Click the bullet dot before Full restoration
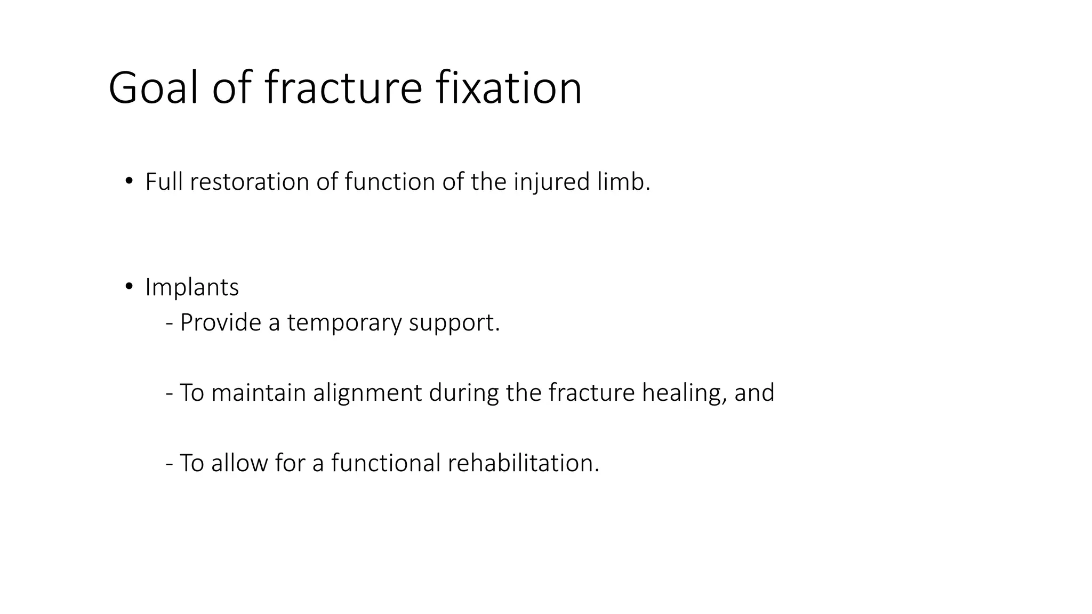click(x=129, y=181)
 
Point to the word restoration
click(x=249, y=182)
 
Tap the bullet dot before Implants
click(x=129, y=287)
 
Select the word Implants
click(x=192, y=288)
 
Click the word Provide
click(x=220, y=322)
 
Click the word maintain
click(x=259, y=393)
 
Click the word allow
click(x=239, y=463)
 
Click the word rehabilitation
click(x=524, y=463)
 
